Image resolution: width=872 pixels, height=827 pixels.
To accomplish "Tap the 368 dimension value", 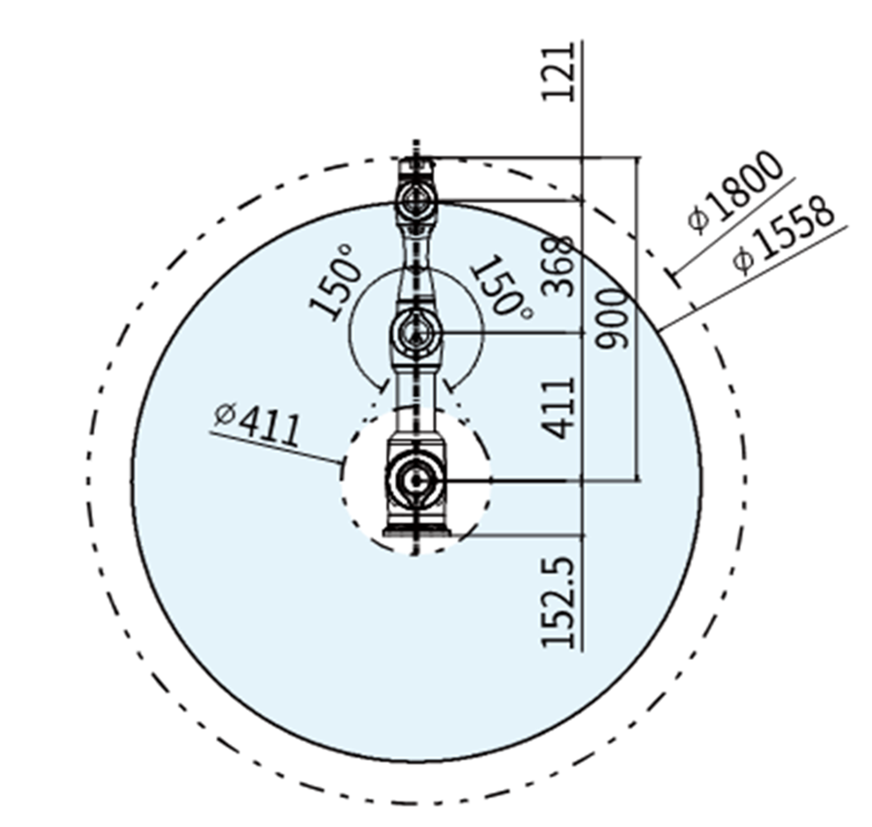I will point(559,266).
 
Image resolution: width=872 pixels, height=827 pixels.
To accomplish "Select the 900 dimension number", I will point(613,319).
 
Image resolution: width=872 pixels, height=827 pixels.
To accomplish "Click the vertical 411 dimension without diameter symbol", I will point(559,407).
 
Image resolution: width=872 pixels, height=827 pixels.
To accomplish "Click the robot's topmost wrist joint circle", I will point(415,199).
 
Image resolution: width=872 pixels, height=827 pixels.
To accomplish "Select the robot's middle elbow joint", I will point(415,331).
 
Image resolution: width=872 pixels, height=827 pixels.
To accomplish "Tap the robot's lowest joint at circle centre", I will point(415,480).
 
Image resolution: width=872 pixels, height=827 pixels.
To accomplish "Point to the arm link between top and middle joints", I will point(415,263).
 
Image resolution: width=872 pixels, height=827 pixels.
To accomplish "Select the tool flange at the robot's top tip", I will point(415,167).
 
